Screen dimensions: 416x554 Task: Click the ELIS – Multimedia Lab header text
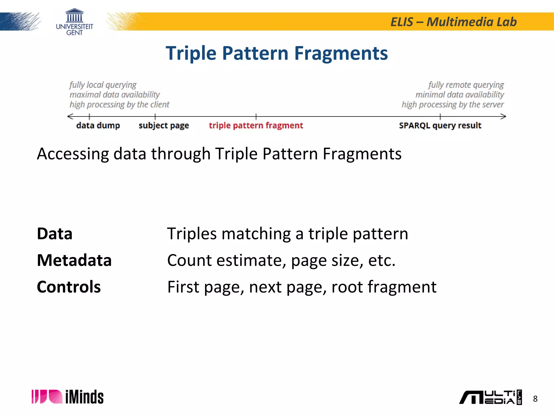click(x=453, y=22)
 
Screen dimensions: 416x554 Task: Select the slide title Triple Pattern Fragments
click(x=277, y=53)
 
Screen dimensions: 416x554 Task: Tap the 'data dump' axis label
click(x=98, y=125)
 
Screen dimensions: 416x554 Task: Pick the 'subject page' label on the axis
click(x=164, y=126)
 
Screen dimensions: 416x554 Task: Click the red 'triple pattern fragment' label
click(x=256, y=125)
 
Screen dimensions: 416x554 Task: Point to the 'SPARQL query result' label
click(x=440, y=125)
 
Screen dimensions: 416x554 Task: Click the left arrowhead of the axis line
click(x=70, y=116)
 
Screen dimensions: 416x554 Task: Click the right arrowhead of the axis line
click(x=503, y=116)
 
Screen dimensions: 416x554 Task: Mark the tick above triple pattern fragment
click(x=256, y=116)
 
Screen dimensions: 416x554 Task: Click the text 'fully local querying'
click(x=103, y=85)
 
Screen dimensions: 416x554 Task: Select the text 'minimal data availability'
click(x=460, y=95)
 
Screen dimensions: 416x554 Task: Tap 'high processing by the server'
click(x=453, y=105)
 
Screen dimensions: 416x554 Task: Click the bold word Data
click(x=55, y=233)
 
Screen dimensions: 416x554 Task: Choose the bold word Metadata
click(x=74, y=260)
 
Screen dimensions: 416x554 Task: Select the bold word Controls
click(x=69, y=287)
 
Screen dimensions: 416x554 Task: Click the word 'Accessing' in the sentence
click(x=73, y=154)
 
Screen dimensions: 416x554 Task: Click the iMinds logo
click(x=68, y=397)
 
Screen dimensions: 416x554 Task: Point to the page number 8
click(x=535, y=399)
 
